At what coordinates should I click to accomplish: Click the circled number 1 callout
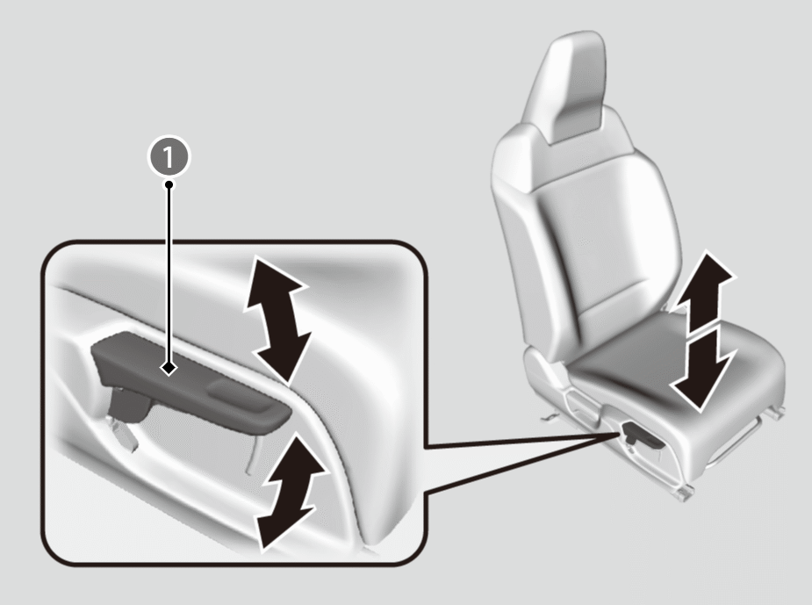click(169, 156)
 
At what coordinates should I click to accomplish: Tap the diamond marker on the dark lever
click(169, 368)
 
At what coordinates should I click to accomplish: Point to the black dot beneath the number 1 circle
click(169, 184)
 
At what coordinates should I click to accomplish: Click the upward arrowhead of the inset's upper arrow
click(272, 281)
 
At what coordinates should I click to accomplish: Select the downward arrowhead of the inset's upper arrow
click(284, 357)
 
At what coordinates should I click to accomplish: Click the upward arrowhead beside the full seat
click(703, 281)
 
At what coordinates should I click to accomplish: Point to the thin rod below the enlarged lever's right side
click(252, 451)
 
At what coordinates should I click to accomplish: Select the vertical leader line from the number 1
click(169, 275)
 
